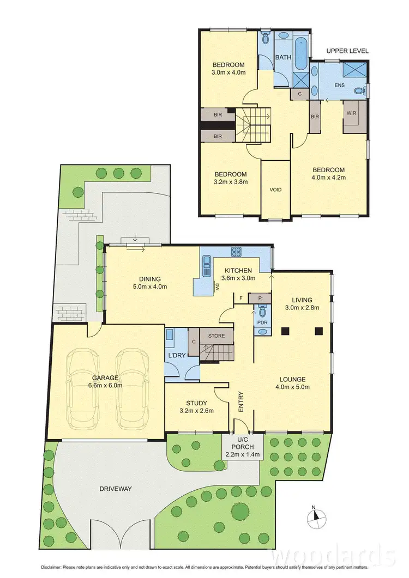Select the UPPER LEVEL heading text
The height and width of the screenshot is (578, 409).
pyautogui.click(x=347, y=51)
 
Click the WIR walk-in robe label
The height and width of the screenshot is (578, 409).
pyautogui.click(x=351, y=113)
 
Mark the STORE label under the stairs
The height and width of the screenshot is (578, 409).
pyautogui.click(x=216, y=336)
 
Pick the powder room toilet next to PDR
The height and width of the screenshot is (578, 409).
pyautogui.click(x=262, y=312)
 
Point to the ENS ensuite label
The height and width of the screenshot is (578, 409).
pyautogui.click(x=339, y=85)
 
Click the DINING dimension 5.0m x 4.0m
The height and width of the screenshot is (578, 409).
pyautogui.click(x=149, y=286)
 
